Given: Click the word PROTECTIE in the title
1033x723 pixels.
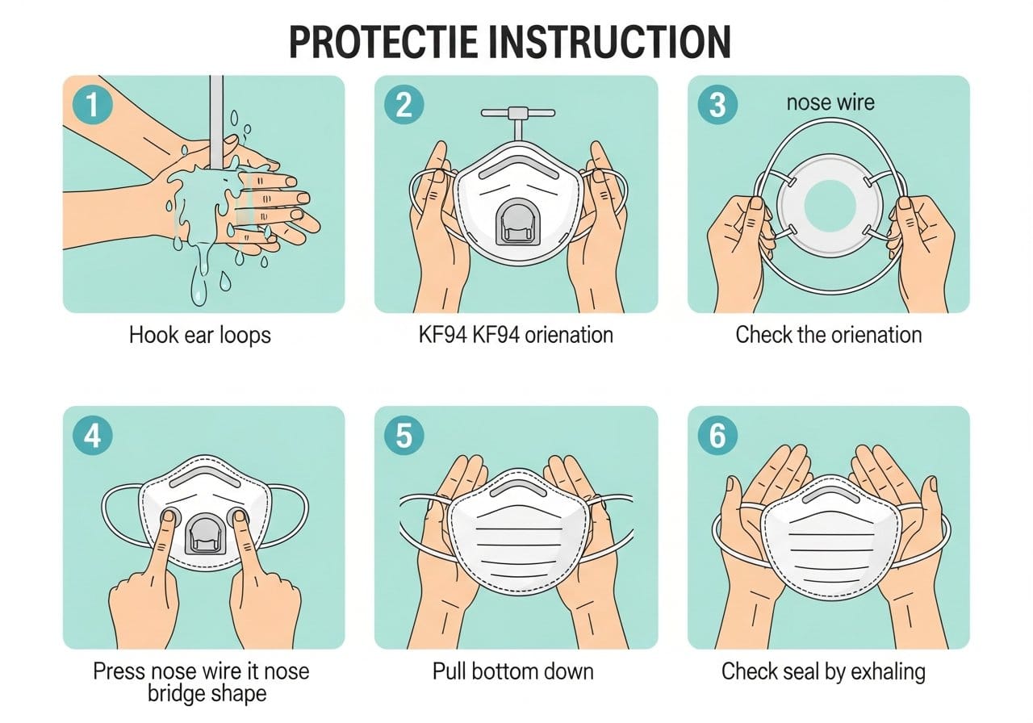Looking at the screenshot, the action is pyautogui.click(x=383, y=42).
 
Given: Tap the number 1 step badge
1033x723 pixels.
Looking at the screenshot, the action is pyautogui.click(x=93, y=105).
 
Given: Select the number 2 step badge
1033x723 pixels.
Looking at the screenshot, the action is pyautogui.click(x=404, y=105).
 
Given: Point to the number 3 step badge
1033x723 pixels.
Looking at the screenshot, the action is pyautogui.click(x=717, y=105).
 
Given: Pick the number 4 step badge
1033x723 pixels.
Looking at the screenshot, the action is pyautogui.click(x=93, y=436).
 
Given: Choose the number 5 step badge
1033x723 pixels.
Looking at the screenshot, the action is pyautogui.click(x=404, y=436).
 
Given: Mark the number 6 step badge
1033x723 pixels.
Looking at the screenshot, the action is pyautogui.click(x=717, y=436).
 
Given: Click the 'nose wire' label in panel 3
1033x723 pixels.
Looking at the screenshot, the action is pyautogui.click(x=830, y=102).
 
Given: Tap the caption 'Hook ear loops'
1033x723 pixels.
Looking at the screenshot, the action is pyautogui.click(x=199, y=335).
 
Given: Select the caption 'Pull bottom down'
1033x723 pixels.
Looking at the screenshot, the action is pyautogui.click(x=512, y=672).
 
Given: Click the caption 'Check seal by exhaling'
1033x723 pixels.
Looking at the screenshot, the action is pyautogui.click(x=824, y=672).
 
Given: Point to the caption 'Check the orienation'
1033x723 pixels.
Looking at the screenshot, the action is pyautogui.click(x=829, y=335).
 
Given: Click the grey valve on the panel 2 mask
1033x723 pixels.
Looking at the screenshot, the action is pyautogui.click(x=517, y=222).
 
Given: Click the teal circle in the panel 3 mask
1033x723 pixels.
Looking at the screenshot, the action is pyautogui.click(x=830, y=206).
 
